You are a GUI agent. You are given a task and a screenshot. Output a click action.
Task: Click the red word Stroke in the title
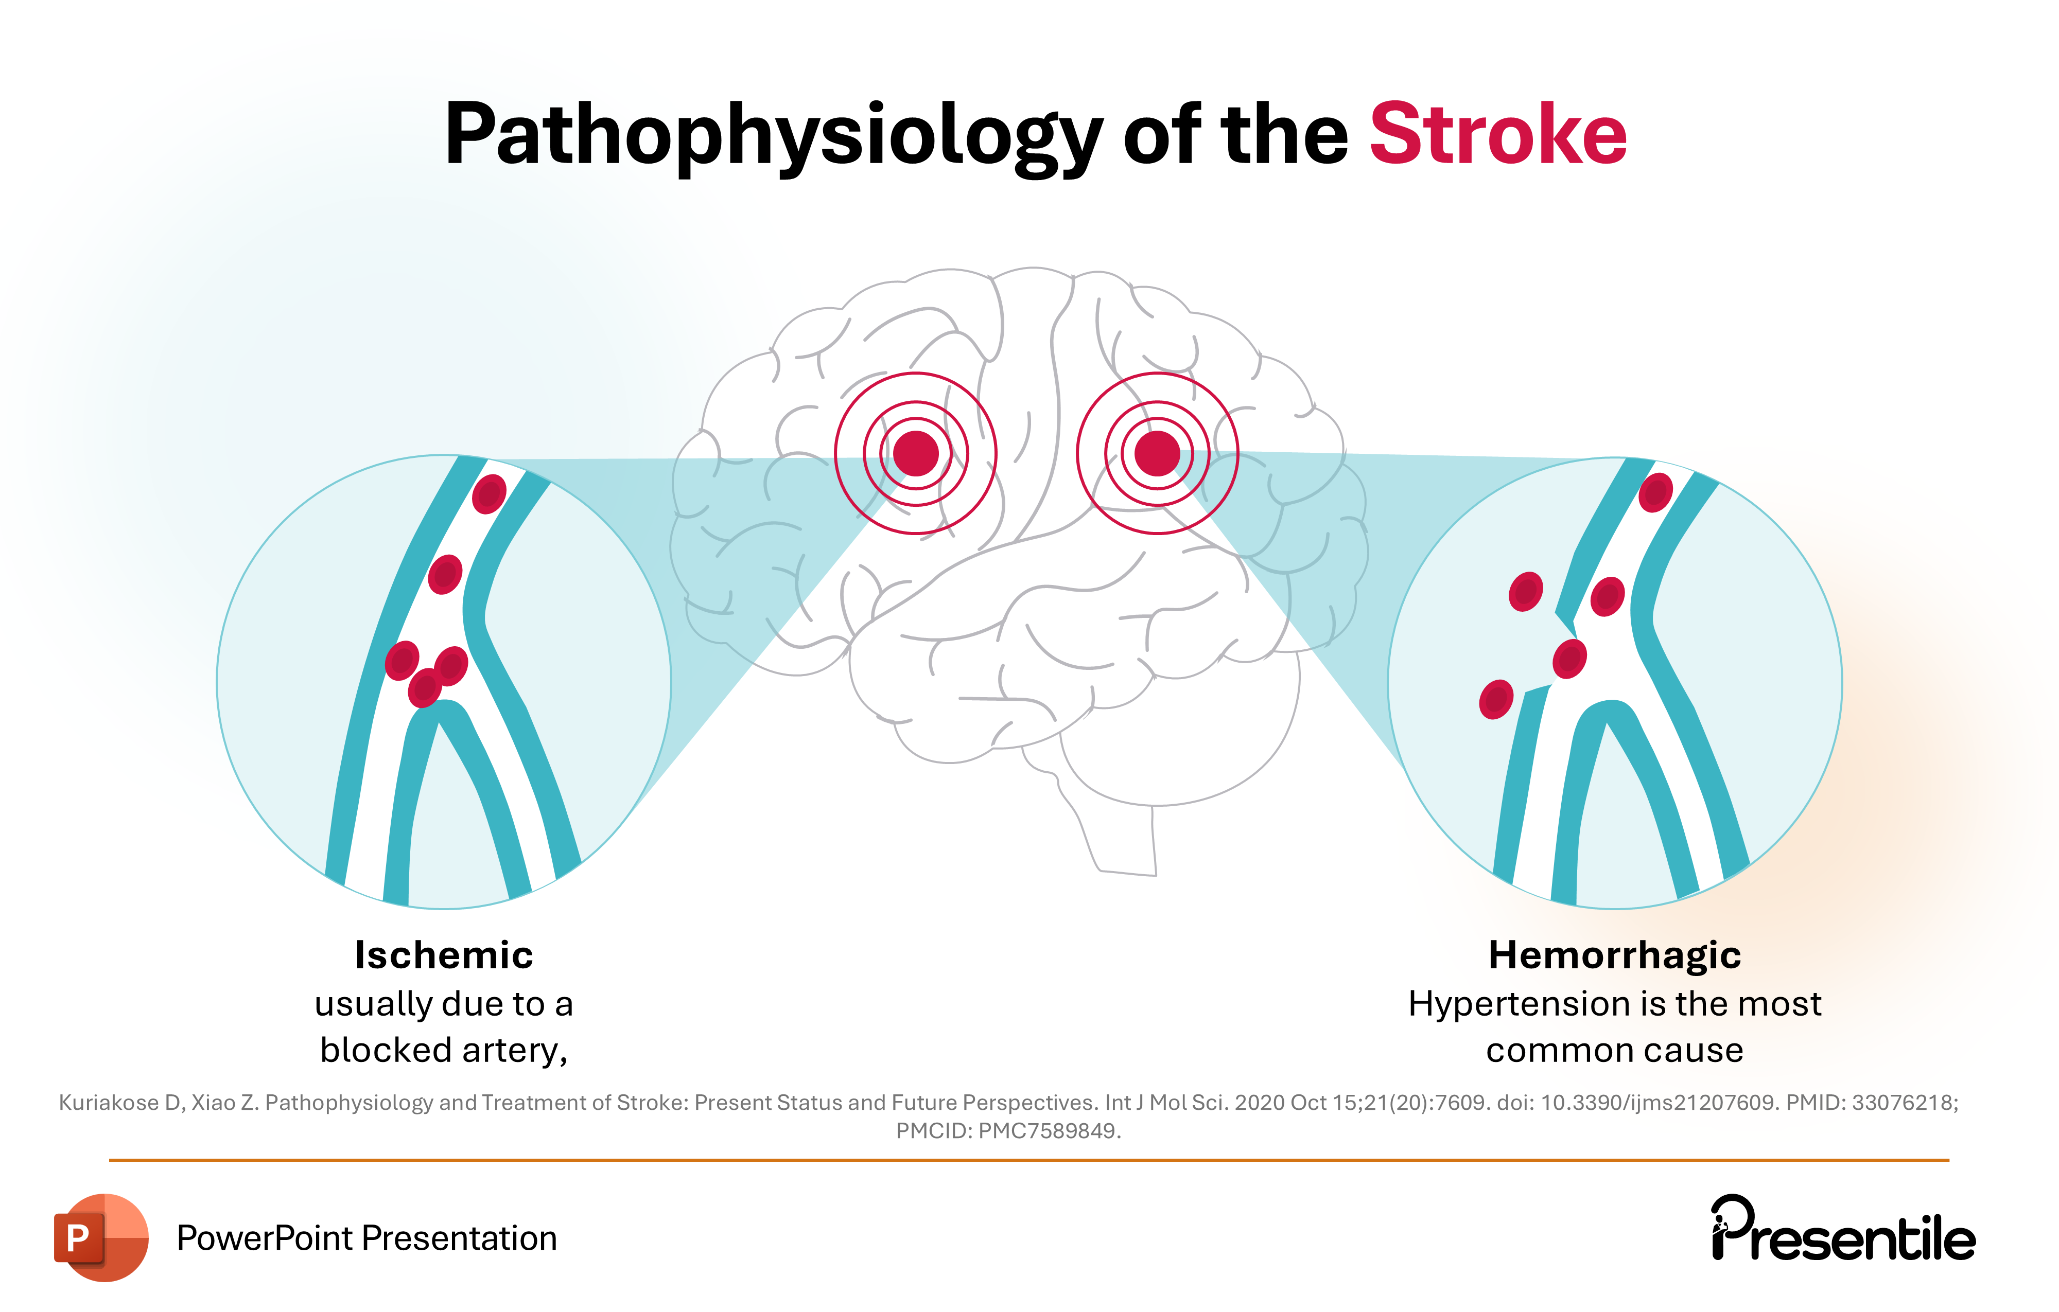(x=1497, y=135)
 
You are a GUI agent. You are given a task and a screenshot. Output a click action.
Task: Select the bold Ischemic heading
(x=444, y=955)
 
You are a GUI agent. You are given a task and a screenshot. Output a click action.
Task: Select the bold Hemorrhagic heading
(x=1614, y=955)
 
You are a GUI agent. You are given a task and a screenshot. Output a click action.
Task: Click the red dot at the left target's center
(x=916, y=453)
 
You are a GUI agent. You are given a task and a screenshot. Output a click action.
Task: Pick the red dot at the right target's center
(x=1157, y=453)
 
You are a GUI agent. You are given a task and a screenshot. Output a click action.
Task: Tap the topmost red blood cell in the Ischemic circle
(x=489, y=493)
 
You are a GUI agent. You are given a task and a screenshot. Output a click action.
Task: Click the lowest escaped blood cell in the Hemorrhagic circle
(x=1495, y=699)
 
